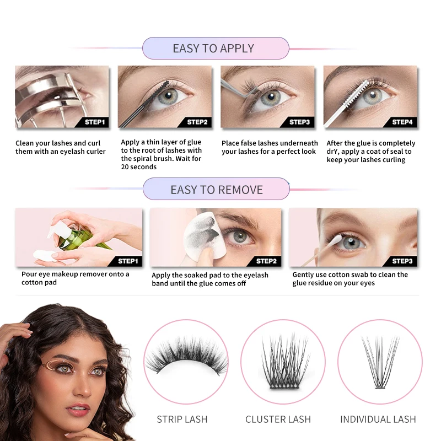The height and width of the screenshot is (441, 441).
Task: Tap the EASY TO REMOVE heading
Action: pyautogui.click(x=217, y=190)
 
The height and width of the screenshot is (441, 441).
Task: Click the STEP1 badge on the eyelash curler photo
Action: pyautogui.click(x=95, y=122)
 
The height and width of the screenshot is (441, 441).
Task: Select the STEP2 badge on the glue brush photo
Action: pyautogui.click(x=197, y=122)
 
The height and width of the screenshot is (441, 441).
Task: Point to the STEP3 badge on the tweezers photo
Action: pyautogui.click(x=300, y=122)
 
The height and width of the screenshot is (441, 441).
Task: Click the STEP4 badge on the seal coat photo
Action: pyautogui.click(x=402, y=122)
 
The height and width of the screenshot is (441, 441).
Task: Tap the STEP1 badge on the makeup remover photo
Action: pyautogui.click(x=128, y=261)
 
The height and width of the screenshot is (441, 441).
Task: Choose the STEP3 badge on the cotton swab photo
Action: pyautogui.click(x=402, y=261)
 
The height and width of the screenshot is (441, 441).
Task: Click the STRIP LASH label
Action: pyautogui.click(x=182, y=420)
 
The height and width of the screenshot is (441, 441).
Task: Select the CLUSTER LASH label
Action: pyautogui.click(x=278, y=420)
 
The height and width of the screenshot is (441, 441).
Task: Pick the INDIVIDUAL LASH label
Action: pyautogui.click(x=377, y=420)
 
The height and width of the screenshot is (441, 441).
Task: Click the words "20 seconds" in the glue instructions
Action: pyautogui.click(x=139, y=167)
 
